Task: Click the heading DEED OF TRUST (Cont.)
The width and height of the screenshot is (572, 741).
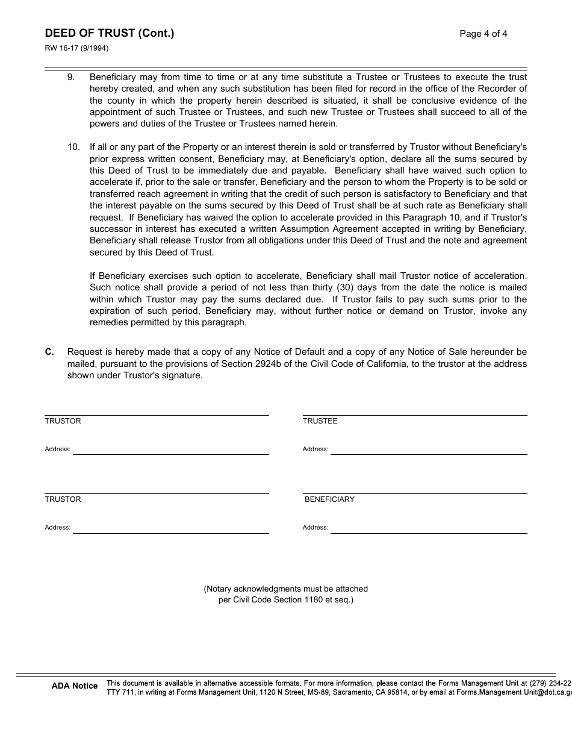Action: pyautogui.click(x=109, y=33)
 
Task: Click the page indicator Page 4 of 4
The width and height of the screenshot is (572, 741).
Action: pyautogui.click(x=483, y=34)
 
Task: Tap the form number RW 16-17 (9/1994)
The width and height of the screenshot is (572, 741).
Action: pyautogui.click(x=76, y=49)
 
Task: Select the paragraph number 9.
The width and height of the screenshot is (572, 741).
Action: pyautogui.click(x=71, y=77)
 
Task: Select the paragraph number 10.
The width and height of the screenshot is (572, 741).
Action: pyautogui.click(x=73, y=147)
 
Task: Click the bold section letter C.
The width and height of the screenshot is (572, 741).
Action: pyautogui.click(x=49, y=352)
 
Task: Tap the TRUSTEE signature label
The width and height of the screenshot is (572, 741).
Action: pyautogui.click(x=320, y=421)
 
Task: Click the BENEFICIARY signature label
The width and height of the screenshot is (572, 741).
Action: pyautogui.click(x=329, y=499)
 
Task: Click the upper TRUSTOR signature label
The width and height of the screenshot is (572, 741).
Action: pyautogui.click(x=63, y=421)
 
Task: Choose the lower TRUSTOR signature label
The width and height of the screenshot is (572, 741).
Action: pyautogui.click(x=63, y=499)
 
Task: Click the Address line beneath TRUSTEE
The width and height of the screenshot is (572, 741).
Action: pyautogui.click(x=429, y=449)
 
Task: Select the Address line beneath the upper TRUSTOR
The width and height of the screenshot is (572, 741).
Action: pyautogui.click(x=170, y=449)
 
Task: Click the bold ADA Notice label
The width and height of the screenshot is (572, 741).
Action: pyautogui.click(x=75, y=686)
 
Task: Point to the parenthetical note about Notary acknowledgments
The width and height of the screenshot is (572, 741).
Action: pyautogui.click(x=285, y=594)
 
